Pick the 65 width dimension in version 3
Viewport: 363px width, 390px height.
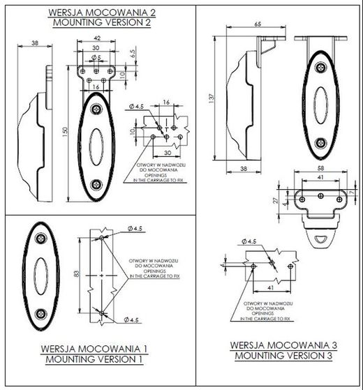click(x=258, y=24)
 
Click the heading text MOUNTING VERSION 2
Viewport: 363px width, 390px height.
click(x=98, y=22)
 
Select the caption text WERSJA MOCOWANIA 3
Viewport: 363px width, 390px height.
click(x=279, y=345)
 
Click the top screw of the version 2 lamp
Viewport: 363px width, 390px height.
click(x=96, y=107)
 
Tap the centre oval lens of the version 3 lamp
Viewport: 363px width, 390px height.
click(x=320, y=106)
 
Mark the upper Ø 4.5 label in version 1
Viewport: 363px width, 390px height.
click(x=135, y=227)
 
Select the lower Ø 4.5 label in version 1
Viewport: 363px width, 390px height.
click(x=135, y=320)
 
